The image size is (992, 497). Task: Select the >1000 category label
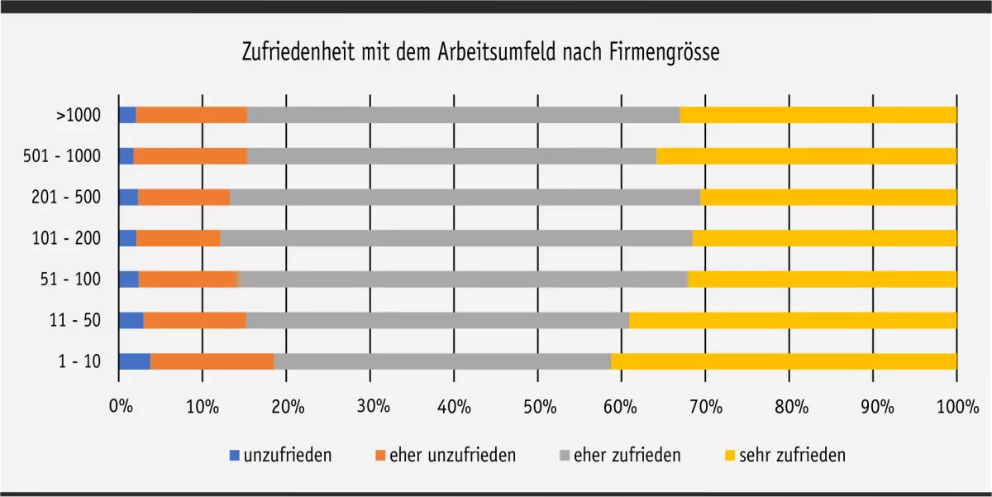79,115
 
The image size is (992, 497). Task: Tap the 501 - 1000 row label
63,156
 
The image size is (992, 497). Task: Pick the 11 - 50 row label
75,320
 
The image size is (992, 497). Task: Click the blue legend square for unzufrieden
234,455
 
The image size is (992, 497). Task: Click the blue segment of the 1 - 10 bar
135,361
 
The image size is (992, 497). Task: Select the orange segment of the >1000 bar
191,115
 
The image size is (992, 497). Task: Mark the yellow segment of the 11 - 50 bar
792,320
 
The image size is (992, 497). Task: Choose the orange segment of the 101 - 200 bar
178,238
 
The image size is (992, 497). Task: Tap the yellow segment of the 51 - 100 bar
822,280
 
